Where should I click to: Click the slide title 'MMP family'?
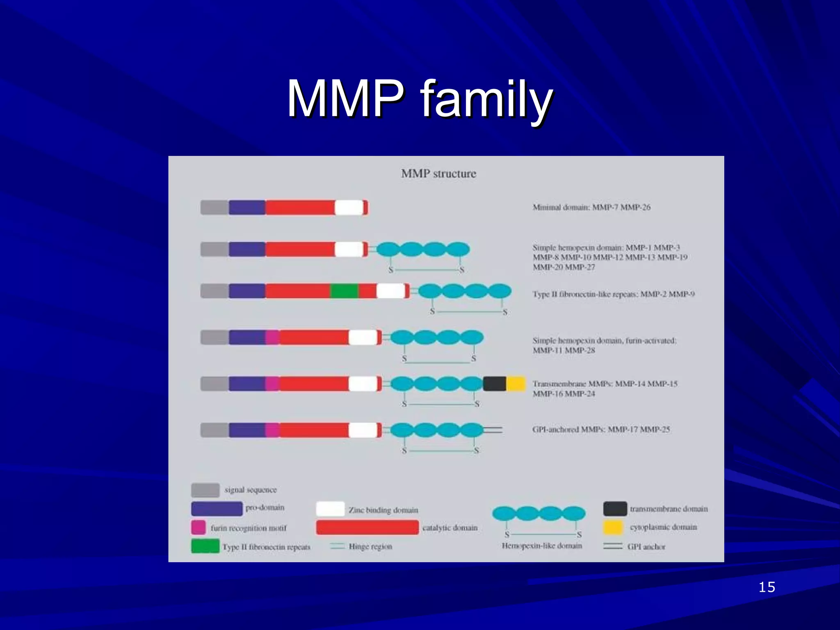click(x=420, y=99)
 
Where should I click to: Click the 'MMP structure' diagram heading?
click(x=438, y=173)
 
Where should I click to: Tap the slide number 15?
click(x=766, y=587)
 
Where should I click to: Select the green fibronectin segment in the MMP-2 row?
click(x=344, y=291)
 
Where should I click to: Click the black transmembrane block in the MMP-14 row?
click(x=494, y=383)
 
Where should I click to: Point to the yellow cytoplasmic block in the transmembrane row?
click(x=516, y=383)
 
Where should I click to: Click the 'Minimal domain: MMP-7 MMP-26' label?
click(x=591, y=207)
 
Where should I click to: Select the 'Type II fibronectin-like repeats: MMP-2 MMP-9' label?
click(x=613, y=294)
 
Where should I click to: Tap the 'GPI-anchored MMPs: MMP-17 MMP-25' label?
click(x=601, y=429)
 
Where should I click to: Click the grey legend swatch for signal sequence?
click(x=205, y=490)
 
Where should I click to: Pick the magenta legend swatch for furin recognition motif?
click(x=199, y=527)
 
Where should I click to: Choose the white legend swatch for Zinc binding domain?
click(x=330, y=509)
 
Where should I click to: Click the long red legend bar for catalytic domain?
click(x=367, y=527)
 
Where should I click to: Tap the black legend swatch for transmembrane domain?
click(x=615, y=509)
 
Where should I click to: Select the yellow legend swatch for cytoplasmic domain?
click(x=613, y=527)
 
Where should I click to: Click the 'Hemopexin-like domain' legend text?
click(x=542, y=546)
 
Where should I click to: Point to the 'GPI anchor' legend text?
click(x=646, y=547)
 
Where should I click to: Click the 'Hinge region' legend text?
click(x=370, y=546)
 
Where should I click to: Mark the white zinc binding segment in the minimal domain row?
click(x=349, y=208)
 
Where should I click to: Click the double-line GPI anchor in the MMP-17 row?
click(x=493, y=430)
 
